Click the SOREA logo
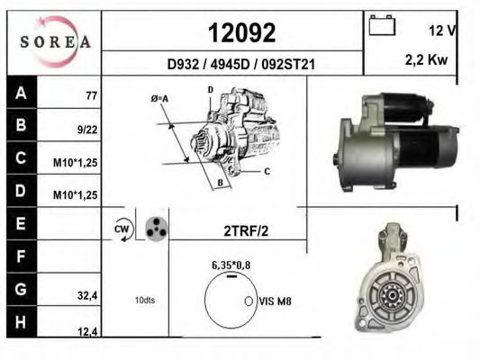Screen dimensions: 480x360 click(55, 41)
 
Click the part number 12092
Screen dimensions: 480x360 click(242, 33)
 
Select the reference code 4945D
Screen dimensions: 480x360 click(231, 65)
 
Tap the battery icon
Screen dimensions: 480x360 click(382, 25)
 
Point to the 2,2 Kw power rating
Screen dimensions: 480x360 click(426, 60)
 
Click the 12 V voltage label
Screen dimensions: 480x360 click(442, 31)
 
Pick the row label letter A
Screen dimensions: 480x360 click(21, 93)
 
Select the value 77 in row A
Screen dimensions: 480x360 click(92, 96)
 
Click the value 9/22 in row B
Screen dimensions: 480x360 click(87, 130)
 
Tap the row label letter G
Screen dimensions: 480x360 click(21, 289)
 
